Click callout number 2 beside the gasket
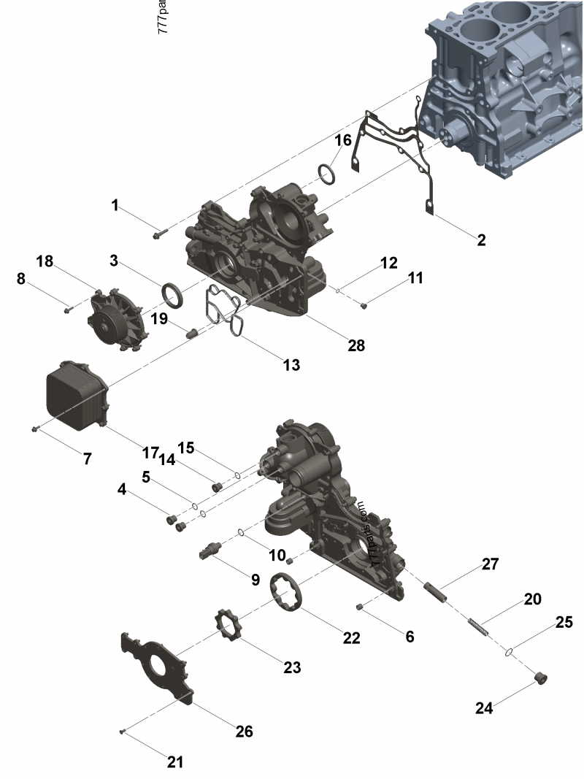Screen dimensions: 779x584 (481, 239)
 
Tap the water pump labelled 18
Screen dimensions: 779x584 (115, 320)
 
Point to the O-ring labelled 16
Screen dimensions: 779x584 (328, 175)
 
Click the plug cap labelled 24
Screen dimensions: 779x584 (542, 678)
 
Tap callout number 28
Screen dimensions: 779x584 (356, 345)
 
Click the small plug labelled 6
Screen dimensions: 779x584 (361, 606)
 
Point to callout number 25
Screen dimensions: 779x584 (563, 622)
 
